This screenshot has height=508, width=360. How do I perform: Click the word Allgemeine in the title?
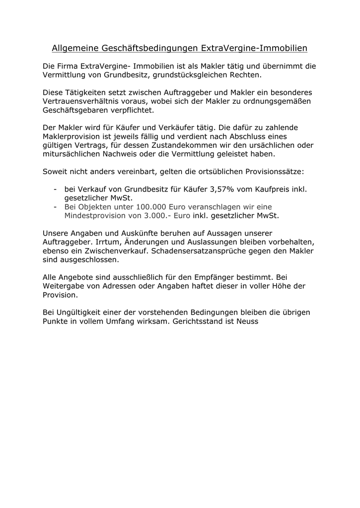click(75, 48)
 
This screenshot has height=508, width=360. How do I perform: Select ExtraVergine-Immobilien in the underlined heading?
click(255, 48)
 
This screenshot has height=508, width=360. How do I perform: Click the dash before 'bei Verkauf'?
click(54, 189)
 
